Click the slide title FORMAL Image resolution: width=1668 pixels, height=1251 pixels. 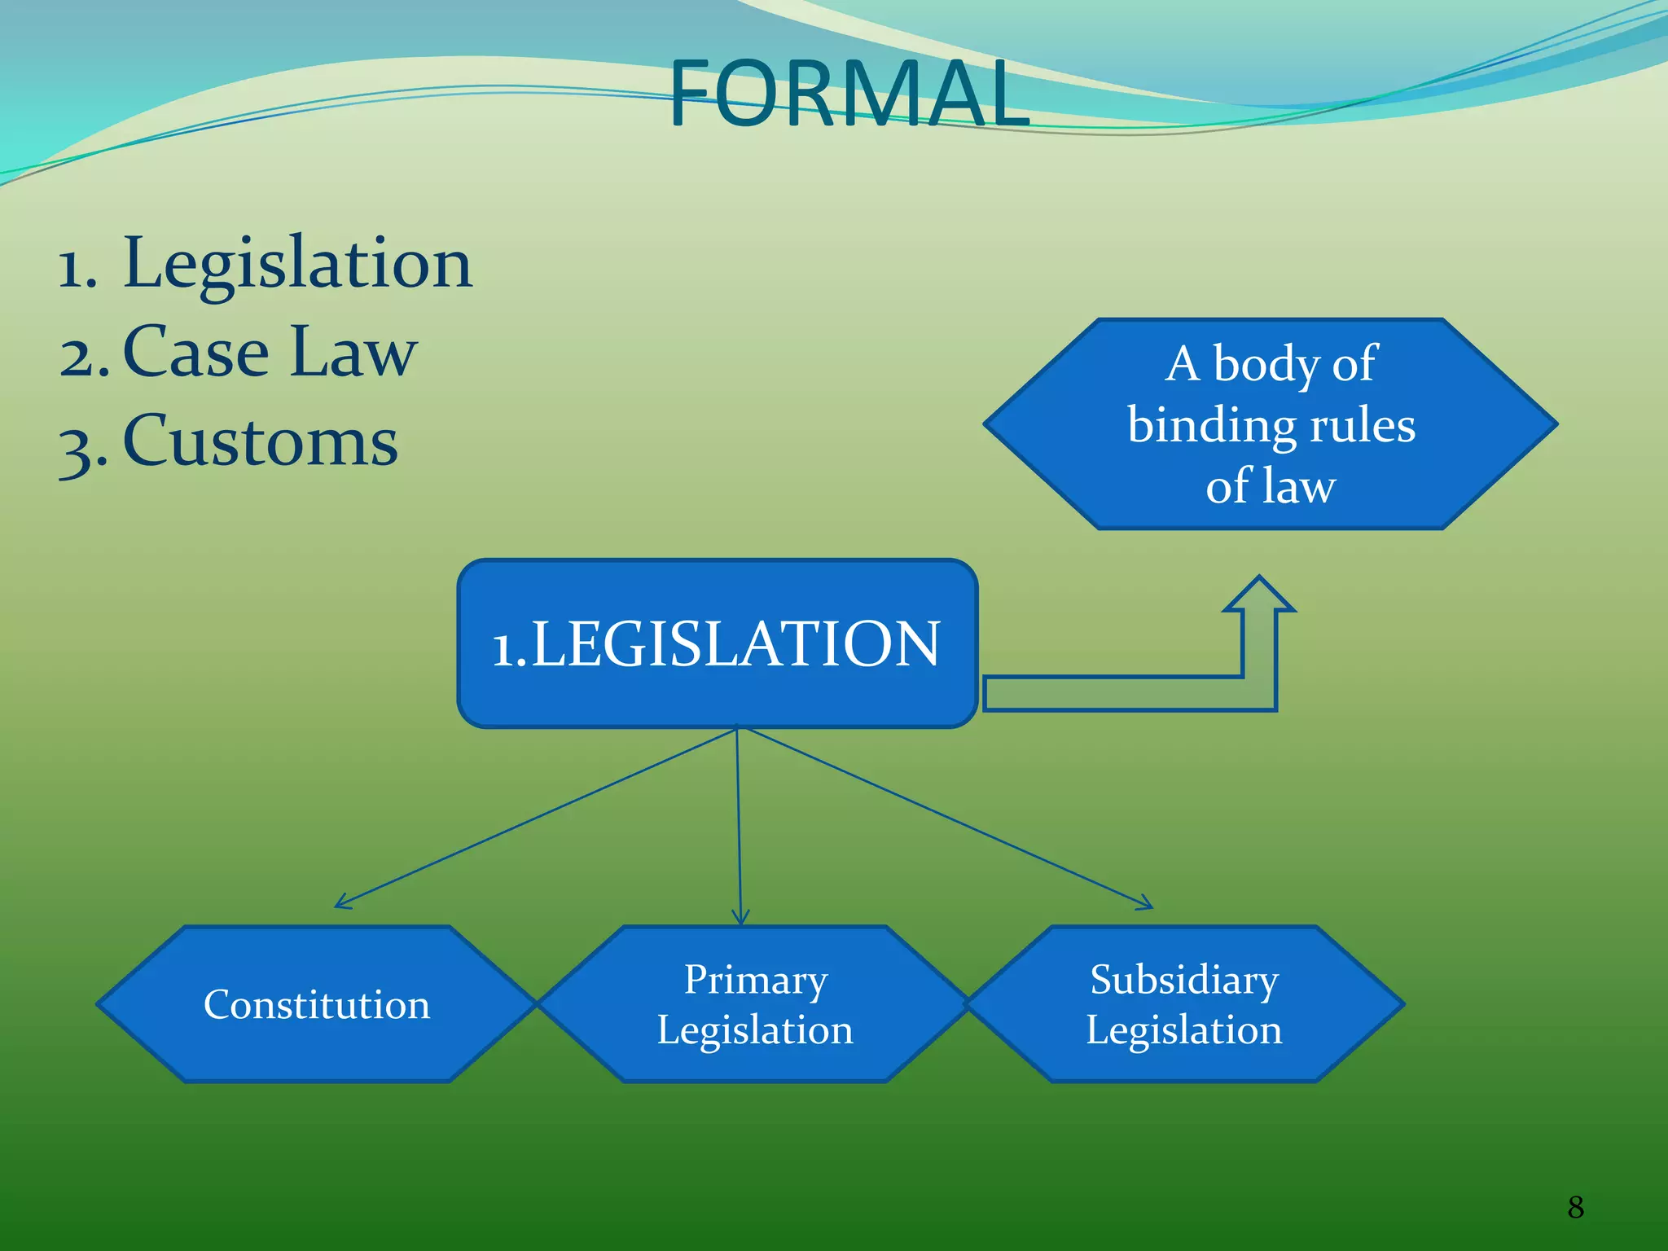click(849, 94)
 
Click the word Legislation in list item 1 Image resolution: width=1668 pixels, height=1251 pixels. click(297, 264)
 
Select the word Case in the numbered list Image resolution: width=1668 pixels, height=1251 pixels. click(195, 353)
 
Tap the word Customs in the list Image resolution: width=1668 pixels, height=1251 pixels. click(261, 441)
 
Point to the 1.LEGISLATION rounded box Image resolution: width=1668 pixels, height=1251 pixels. click(717, 643)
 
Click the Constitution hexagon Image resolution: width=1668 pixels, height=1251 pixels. click(316, 1004)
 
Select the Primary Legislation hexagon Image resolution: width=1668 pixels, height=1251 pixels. click(754, 1004)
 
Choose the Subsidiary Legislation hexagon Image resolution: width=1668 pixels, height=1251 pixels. click(1183, 1004)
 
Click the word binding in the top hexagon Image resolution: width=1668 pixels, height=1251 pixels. click(1204, 427)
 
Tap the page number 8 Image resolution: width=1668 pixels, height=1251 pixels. click(1575, 1207)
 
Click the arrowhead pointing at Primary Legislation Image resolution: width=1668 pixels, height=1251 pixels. click(740, 920)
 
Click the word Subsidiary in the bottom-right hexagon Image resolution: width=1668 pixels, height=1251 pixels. click(1183, 980)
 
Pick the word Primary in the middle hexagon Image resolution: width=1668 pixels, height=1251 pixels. click(755, 980)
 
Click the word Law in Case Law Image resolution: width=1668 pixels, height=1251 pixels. click(353, 353)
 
